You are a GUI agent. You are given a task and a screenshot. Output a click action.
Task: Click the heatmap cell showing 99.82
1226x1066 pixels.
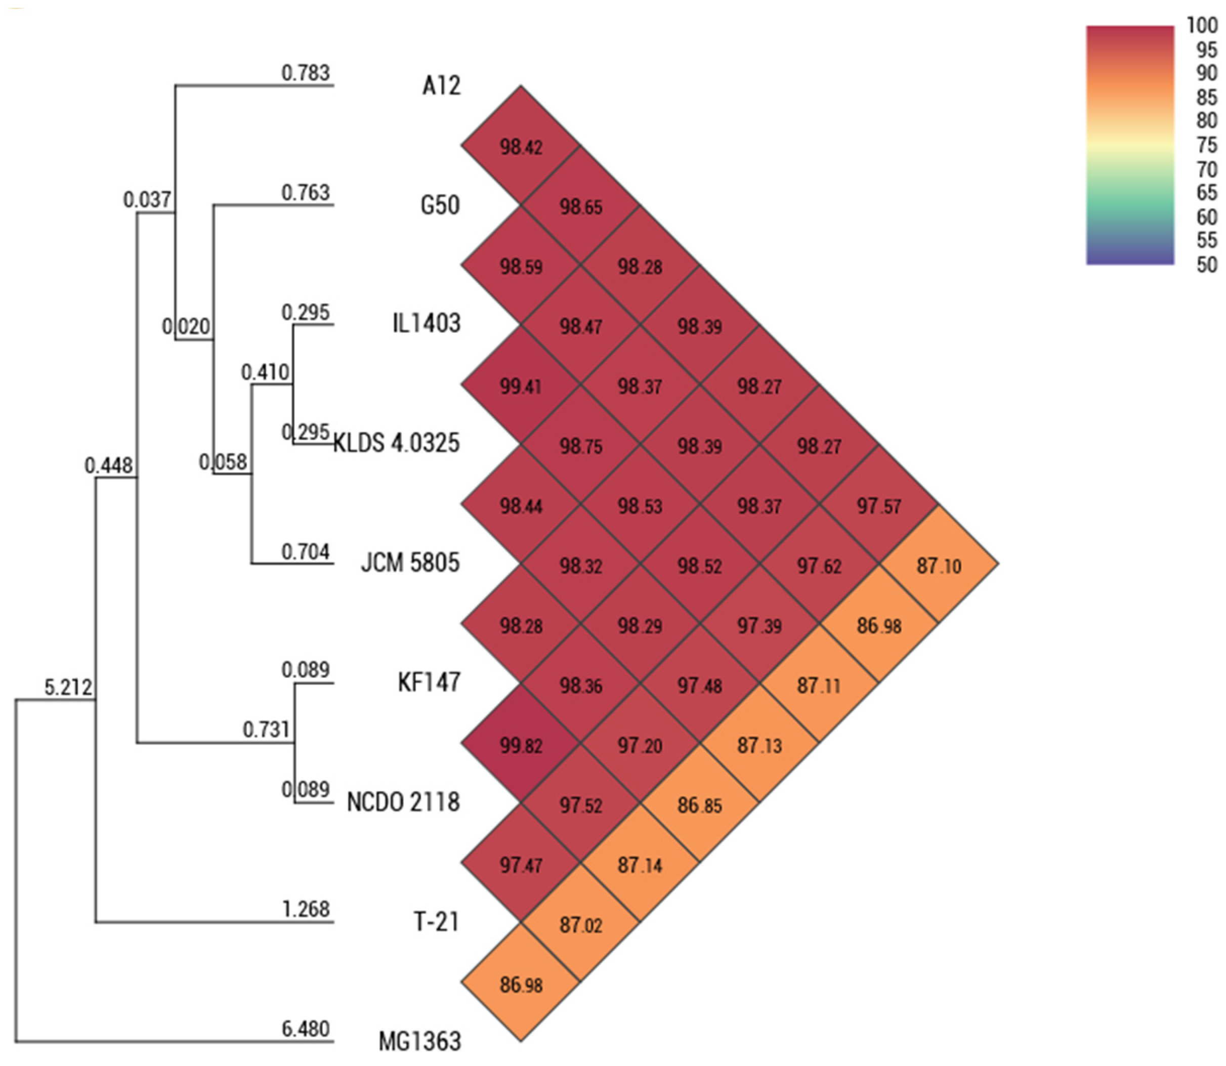[x=521, y=745]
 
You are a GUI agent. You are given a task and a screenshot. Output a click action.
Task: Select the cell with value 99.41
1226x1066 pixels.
[x=521, y=386]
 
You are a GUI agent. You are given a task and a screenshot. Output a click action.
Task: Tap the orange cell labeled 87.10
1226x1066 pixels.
[x=938, y=565]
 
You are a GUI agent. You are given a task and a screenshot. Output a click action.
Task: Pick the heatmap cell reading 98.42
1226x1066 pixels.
[x=521, y=147]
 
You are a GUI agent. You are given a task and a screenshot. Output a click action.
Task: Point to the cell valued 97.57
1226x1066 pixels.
[x=878, y=505]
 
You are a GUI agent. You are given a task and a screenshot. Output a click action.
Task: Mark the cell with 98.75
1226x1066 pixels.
[x=580, y=446]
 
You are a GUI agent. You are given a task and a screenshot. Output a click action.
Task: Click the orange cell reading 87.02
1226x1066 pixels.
[x=580, y=924]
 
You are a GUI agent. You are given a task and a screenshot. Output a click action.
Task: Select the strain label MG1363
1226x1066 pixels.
[x=420, y=1041]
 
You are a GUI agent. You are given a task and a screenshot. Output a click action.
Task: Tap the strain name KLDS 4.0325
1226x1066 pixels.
[x=396, y=443]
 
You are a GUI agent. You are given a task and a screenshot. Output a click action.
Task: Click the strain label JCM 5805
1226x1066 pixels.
[x=410, y=562]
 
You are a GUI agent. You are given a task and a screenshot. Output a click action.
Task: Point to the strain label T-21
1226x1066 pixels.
[x=436, y=921]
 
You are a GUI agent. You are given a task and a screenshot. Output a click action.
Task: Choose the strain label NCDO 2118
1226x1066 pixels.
[x=403, y=802]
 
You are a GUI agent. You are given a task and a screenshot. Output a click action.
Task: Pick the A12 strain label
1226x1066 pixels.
[x=441, y=86]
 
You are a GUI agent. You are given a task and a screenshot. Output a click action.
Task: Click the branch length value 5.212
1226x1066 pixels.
[x=68, y=687]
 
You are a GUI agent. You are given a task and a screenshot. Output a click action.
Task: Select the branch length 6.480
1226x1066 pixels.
[x=305, y=1029]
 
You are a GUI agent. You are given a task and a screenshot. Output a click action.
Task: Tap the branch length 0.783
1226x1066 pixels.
[x=305, y=72]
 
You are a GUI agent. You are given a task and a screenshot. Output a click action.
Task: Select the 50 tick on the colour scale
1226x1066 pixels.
[x=1206, y=265]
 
